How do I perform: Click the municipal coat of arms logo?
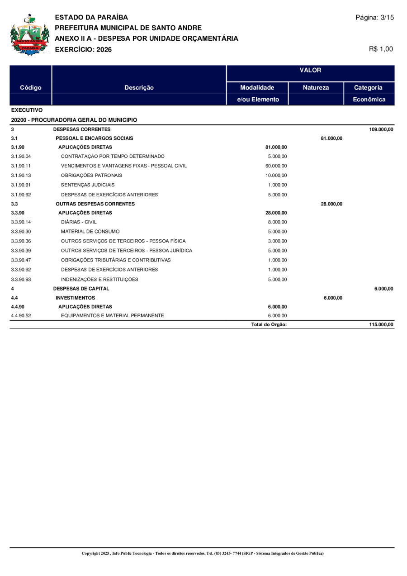click(x=29, y=35)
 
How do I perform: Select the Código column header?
click(x=31, y=87)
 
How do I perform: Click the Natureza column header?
click(x=316, y=87)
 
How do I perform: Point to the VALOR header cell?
click(x=310, y=71)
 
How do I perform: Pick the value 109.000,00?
click(x=381, y=129)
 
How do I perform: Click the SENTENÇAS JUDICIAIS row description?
click(x=88, y=185)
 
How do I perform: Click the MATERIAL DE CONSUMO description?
click(x=90, y=232)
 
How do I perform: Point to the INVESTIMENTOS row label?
click(x=75, y=298)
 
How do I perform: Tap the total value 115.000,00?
click(x=381, y=324)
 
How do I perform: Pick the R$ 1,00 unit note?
click(x=381, y=49)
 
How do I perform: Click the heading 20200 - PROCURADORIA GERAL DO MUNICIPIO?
click(x=74, y=120)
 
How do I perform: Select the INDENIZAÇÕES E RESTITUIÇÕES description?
click(x=99, y=279)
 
